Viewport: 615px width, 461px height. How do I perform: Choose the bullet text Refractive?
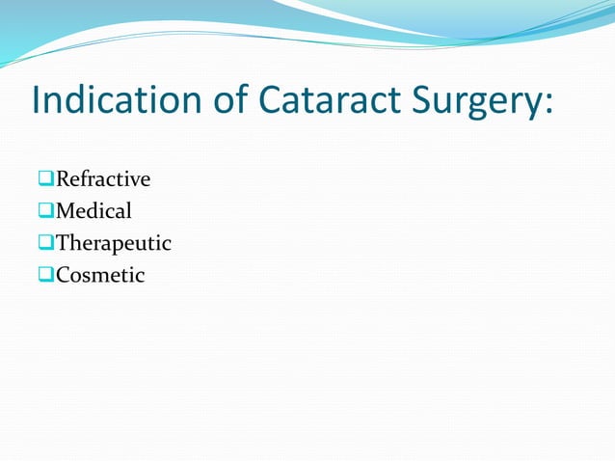click(x=103, y=179)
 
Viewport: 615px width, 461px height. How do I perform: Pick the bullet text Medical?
click(x=94, y=211)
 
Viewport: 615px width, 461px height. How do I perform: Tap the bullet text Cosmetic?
click(x=100, y=276)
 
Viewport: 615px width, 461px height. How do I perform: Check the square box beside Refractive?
click(x=46, y=180)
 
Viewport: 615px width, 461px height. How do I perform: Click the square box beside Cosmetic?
click(x=46, y=276)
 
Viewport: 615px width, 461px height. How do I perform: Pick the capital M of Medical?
click(x=66, y=211)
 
